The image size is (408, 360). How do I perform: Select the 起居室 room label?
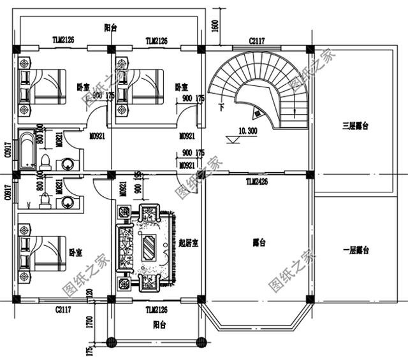189,243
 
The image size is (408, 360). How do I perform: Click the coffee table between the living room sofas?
149,245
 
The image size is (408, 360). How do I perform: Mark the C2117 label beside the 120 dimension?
62,310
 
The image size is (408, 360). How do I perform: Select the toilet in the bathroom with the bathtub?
45,159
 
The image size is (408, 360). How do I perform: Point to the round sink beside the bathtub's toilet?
68,163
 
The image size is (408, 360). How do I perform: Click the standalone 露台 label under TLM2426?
259,242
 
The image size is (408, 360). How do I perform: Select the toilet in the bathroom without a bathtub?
45,201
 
